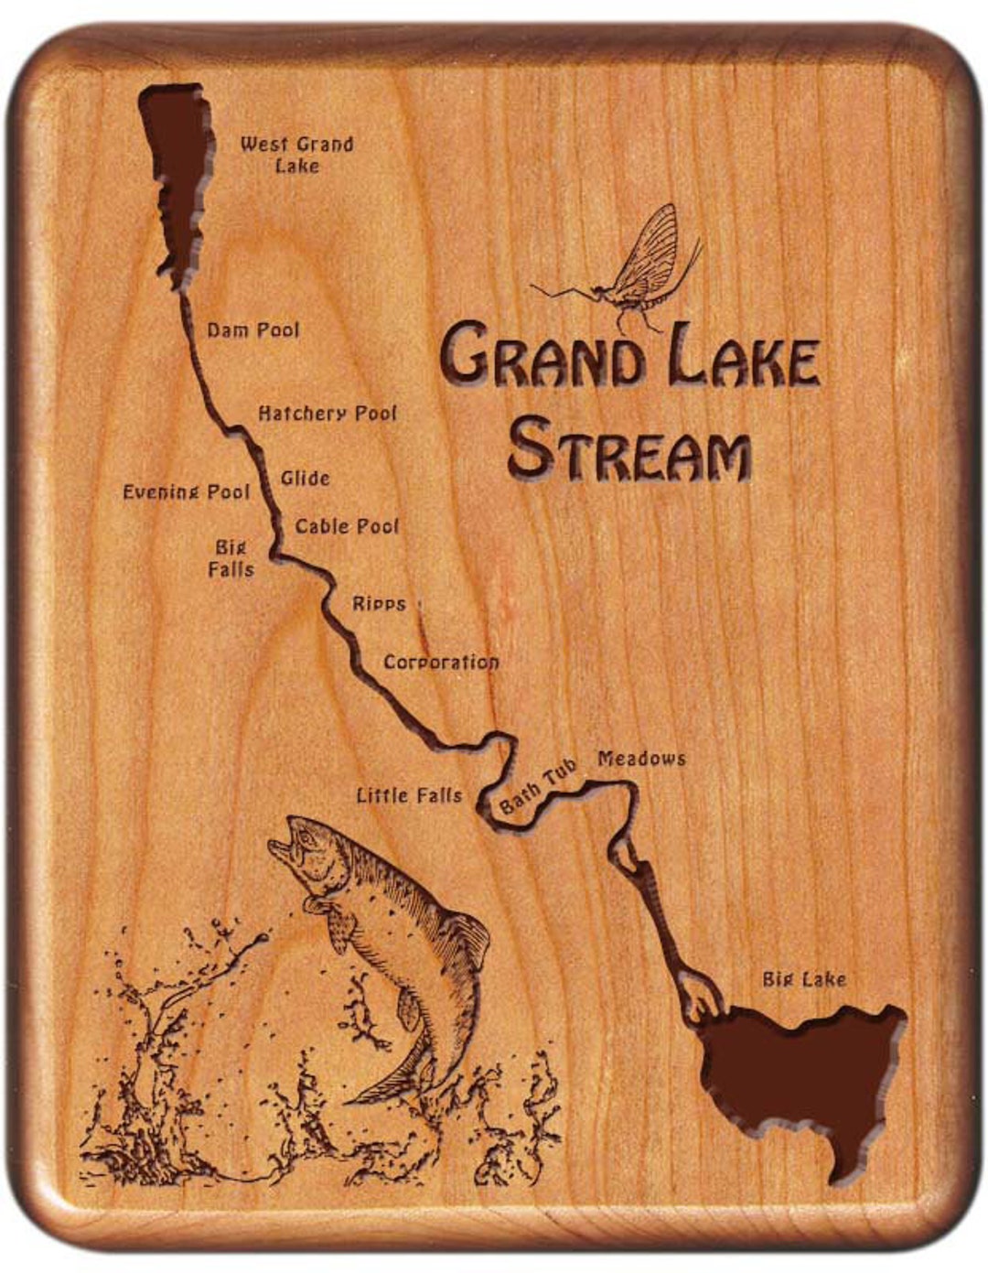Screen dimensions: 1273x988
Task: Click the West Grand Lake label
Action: (x=296, y=155)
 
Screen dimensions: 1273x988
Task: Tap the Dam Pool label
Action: (x=252, y=329)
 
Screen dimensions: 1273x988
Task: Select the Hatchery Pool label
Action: (x=328, y=414)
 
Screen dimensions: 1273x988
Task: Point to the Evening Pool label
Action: (x=186, y=492)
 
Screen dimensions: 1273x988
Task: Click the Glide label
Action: (x=305, y=478)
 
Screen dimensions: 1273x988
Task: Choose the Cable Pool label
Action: (x=347, y=526)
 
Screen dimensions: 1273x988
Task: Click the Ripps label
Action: (x=379, y=604)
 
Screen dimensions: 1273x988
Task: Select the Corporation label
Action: (x=441, y=662)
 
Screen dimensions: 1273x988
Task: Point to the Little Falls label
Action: (x=409, y=795)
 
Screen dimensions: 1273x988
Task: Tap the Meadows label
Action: (x=641, y=758)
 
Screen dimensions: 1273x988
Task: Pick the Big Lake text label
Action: (x=804, y=979)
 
